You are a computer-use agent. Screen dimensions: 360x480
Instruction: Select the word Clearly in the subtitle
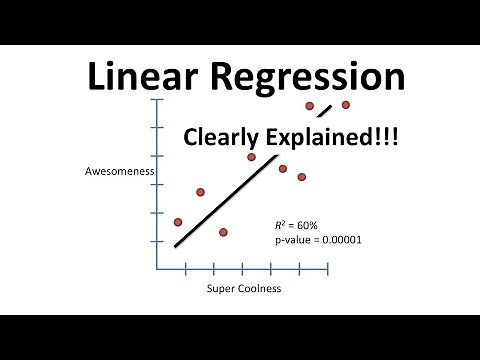pyautogui.click(x=229, y=138)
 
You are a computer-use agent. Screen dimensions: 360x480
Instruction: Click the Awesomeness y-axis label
pyautogui.click(x=118, y=172)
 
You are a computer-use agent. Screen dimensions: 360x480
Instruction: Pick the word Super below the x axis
pyautogui.click(x=221, y=289)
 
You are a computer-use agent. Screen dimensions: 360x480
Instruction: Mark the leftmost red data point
pyautogui.click(x=178, y=222)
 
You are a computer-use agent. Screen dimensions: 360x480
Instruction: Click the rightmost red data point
pyautogui.click(x=346, y=104)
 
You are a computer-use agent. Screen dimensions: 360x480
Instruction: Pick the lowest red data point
pyautogui.click(x=223, y=232)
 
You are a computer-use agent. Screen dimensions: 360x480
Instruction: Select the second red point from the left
pyautogui.click(x=200, y=192)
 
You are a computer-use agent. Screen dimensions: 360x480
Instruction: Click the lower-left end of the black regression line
pyautogui.click(x=176, y=246)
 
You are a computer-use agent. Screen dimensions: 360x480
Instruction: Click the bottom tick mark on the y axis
pyautogui.click(x=154, y=242)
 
